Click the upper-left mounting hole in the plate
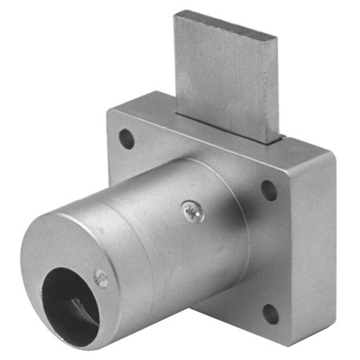pos(127,138)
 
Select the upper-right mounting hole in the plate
pos(269,190)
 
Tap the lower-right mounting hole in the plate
pos(270,313)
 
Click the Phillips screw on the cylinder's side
pos(192,211)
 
